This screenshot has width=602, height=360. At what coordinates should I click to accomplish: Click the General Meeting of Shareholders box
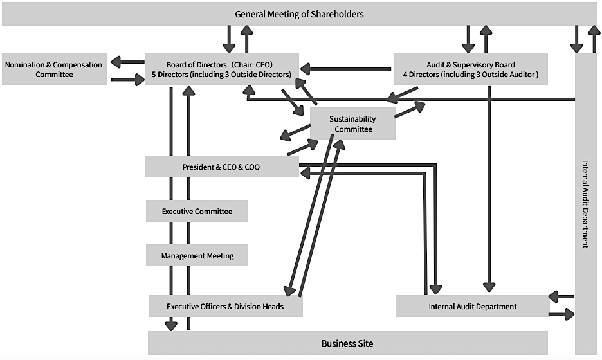pos(299,14)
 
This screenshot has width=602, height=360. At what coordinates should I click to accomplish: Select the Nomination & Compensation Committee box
pos(54,69)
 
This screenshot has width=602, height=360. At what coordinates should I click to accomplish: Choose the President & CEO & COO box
pos(221,167)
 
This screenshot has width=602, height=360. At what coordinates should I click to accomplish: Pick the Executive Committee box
pos(197,211)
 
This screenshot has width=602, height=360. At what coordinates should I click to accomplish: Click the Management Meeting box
pos(197,256)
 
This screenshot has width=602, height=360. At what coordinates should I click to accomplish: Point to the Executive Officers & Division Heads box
pos(225,306)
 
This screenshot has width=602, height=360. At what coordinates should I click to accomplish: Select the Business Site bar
pos(347,343)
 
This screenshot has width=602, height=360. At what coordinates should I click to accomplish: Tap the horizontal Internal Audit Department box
pos(472,306)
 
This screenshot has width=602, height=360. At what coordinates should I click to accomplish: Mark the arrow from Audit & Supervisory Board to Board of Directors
pos(347,67)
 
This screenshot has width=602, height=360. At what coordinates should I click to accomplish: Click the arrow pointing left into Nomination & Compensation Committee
pos(127,62)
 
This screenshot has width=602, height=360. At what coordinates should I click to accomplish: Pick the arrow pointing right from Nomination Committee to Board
pos(127,80)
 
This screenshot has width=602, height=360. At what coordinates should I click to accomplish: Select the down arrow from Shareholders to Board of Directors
pos(229,39)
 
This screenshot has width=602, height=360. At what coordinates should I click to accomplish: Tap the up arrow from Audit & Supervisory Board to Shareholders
pos(486,39)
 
